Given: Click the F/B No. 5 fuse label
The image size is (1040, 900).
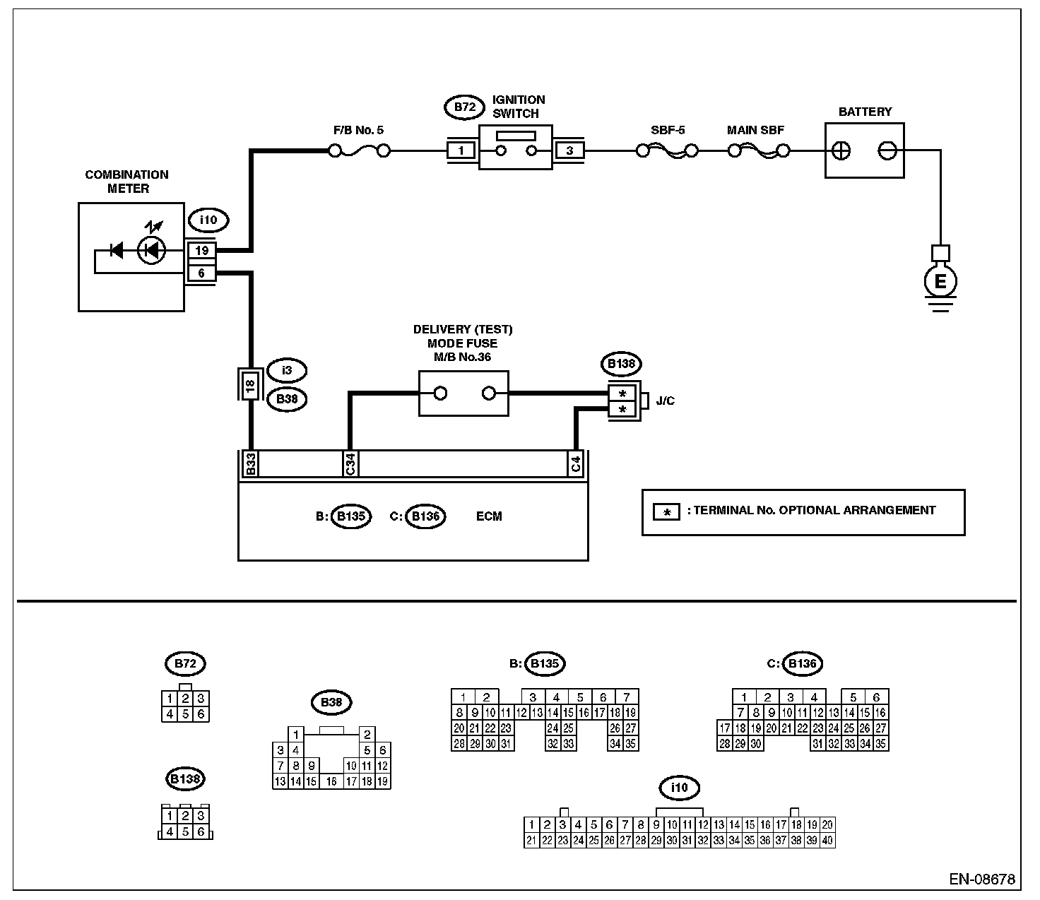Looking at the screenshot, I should (358, 131).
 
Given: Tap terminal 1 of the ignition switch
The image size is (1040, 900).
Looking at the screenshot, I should (461, 150).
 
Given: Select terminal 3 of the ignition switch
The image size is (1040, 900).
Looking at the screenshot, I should (569, 150).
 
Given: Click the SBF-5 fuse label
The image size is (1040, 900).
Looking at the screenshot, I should (668, 131).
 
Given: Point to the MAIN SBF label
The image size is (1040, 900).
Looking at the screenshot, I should (755, 131).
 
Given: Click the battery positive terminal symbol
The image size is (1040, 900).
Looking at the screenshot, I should (841, 150).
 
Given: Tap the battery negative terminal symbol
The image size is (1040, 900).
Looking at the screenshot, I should (887, 150).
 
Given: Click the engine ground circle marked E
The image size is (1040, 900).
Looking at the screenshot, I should (940, 282).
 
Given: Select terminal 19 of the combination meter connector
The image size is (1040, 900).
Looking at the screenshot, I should (201, 251).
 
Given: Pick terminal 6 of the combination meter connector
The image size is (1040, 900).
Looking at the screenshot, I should (201, 273).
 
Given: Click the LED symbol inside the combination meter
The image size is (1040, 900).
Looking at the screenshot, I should (151, 249).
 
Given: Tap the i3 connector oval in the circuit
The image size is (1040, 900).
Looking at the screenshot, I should (286, 369).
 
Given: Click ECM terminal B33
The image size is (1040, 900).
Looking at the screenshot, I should (250, 464).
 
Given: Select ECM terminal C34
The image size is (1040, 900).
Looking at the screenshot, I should (350, 464).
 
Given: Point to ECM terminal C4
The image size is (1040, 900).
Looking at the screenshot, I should (576, 464).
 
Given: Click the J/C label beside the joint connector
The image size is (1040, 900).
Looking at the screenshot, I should (665, 401).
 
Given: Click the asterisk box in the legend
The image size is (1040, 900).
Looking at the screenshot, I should (666, 511).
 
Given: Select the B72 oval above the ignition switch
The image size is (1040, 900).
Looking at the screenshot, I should (464, 107).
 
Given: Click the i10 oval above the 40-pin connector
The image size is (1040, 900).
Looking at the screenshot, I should (679, 787).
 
